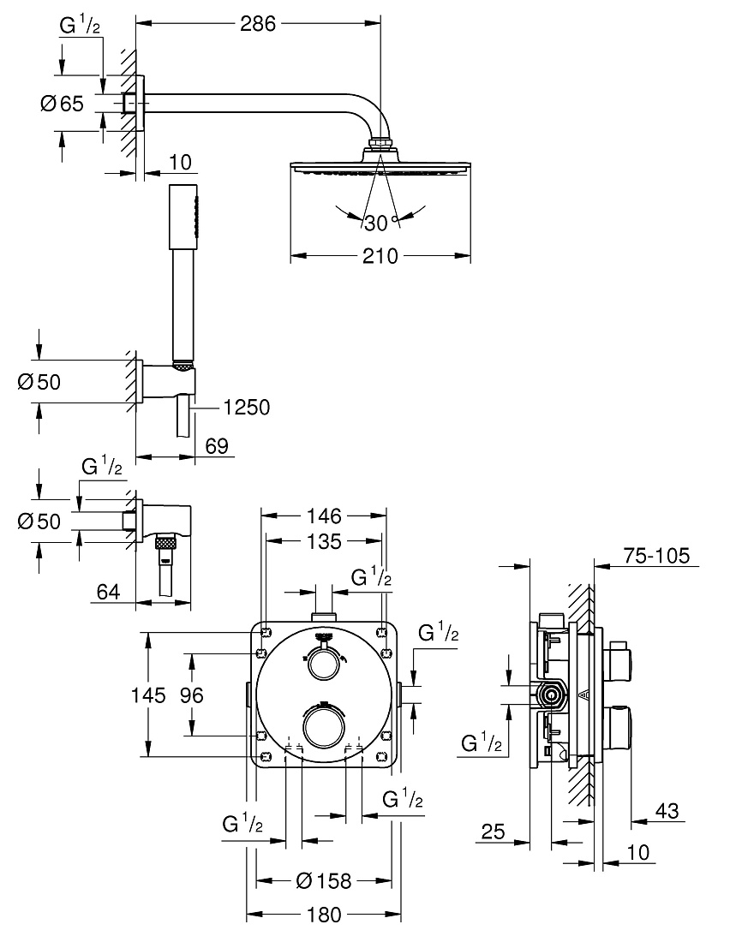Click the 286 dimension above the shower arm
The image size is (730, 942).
point(257,24)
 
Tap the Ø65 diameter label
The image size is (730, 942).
point(62,104)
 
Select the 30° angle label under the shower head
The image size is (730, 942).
point(381,223)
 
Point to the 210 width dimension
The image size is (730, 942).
point(380,257)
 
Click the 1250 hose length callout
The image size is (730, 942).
point(247,408)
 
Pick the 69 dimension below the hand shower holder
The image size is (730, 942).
point(217,446)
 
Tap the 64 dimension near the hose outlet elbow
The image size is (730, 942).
point(108,592)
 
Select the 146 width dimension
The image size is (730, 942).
point(324,516)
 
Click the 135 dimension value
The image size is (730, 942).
point(324,541)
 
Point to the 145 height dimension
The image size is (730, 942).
point(148,695)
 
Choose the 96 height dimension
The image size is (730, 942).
point(192,695)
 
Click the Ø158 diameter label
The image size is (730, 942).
point(324,880)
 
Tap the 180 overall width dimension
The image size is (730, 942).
point(324,915)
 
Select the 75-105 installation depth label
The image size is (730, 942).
point(656,556)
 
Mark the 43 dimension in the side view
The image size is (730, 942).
point(667,811)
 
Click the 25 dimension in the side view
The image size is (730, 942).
point(493,832)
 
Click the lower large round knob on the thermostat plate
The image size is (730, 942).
point(324,725)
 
